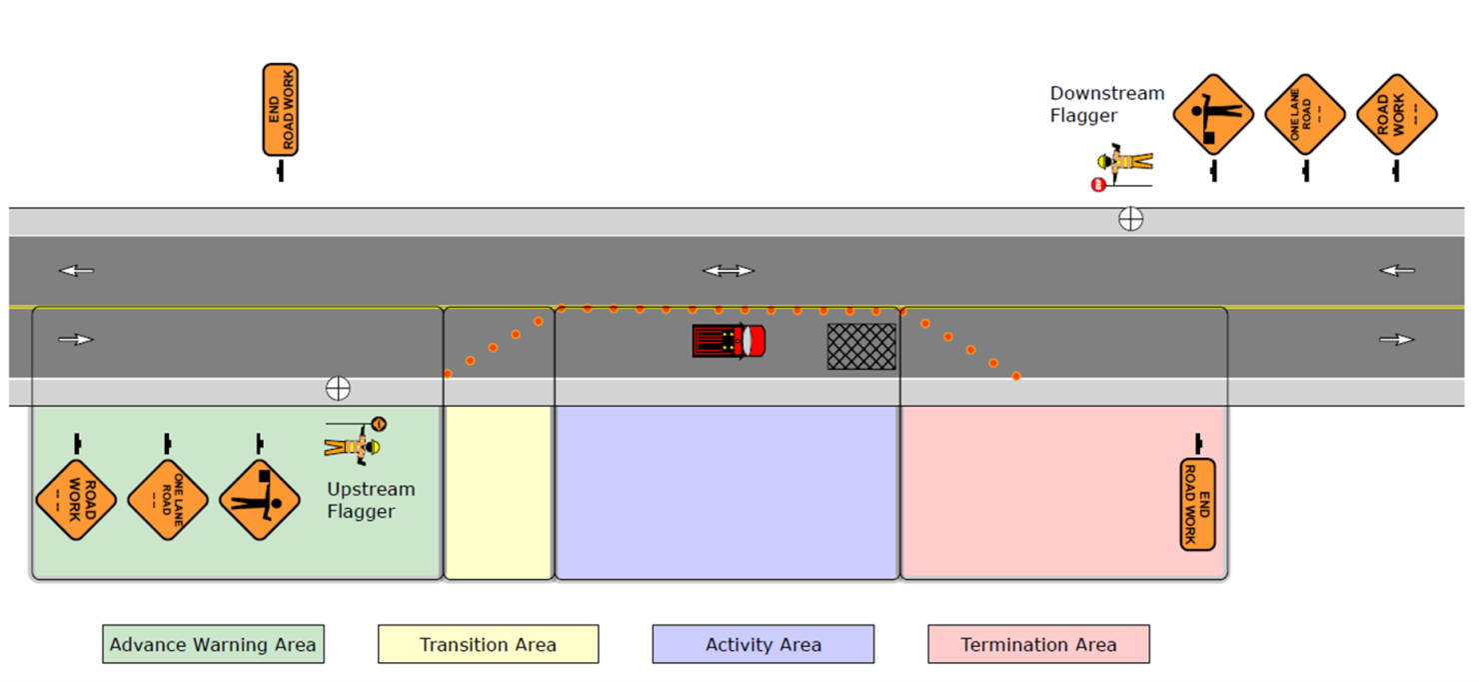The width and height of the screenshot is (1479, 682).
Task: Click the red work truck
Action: coord(729,341)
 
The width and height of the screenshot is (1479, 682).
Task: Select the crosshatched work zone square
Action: coord(861,346)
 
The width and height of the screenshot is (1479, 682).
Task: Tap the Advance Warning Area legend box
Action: coord(213,645)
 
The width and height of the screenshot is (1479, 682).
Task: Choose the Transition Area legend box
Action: coord(488,645)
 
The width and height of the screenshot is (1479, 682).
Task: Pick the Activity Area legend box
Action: coord(763,645)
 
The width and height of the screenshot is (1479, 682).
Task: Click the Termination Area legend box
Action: coord(1038,645)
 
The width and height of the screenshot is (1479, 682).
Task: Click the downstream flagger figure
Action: coord(1124,166)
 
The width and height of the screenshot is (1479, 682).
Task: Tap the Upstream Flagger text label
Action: coord(371,500)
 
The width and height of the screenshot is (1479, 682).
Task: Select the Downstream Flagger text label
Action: coord(1106,104)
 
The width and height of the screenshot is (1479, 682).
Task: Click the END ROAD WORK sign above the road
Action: coord(281,110)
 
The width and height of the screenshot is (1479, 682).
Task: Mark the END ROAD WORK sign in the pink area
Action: coord(1197,504)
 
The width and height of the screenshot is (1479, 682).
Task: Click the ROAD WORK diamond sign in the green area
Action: coord(76,499)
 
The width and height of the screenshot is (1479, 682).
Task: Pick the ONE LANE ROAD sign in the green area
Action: coord(167,499)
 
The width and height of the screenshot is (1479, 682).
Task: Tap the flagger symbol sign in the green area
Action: coord(260,499)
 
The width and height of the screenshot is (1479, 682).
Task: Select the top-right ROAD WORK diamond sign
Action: coord(1397,114)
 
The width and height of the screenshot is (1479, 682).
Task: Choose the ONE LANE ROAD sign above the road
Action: coord(1305,114)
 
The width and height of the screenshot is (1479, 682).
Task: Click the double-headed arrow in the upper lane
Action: coord(729,271)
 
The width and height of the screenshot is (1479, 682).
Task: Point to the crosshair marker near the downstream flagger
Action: coord(1130,219)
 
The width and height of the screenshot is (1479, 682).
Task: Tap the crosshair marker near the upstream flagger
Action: coord(338,389)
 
